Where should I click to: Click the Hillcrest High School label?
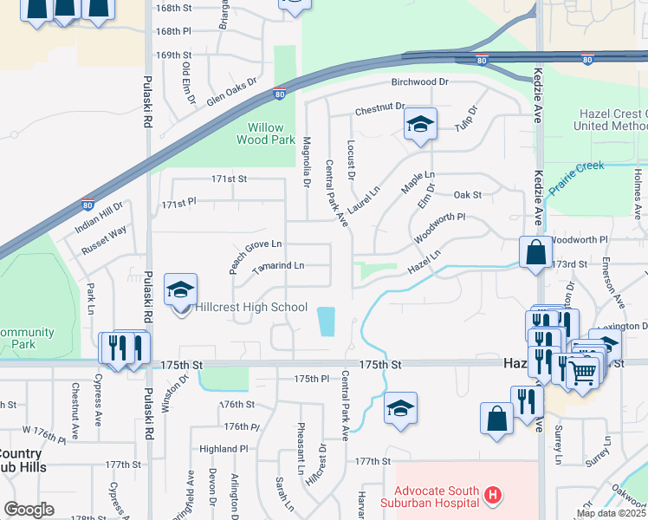coord(251,307)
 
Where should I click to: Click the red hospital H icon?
coord(492,496)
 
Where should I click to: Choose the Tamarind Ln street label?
coord(277,267)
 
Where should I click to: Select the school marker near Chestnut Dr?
coord(420,125)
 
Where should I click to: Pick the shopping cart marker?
coord(583,373)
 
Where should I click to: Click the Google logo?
coord(29,510)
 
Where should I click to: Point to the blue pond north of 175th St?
coord(327,322)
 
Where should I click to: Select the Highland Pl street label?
coord(224,449)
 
